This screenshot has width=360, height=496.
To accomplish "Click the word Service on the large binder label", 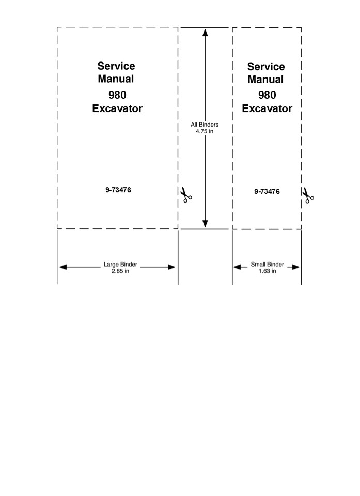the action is tap(116, 66).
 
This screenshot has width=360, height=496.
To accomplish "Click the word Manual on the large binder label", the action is tap(116, 79).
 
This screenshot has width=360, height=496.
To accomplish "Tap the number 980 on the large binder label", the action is tap(117, 95).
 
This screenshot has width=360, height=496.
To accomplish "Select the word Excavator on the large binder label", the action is tap(117, 109).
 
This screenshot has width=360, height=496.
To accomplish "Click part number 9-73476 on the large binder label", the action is tap(118, 190).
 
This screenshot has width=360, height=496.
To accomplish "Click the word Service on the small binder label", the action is tap(266, 67).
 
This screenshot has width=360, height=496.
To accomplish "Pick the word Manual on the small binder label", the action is tap(265, 80).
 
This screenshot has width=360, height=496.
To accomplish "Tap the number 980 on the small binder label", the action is tap(267, 95).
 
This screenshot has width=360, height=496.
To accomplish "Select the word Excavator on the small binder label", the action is tap(267, 109).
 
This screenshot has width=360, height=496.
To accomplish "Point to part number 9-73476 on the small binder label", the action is tap(267, 191).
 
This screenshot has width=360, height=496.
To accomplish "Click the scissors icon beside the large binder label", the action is tap(186, 195).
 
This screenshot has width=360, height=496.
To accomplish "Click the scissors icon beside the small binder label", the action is tap(308, 195).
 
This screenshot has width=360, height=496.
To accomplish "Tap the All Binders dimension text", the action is tap(205, 125).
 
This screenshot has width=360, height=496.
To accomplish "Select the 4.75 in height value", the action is tap(205, 131).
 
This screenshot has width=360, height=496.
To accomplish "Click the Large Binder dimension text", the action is tap(120, 264).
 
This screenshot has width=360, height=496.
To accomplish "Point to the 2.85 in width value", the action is tap(120, 271).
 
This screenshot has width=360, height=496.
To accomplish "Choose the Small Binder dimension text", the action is tap(268, 264).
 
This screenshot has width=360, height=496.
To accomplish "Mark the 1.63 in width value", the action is tap(268, 271).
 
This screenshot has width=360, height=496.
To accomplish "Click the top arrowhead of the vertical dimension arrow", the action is tap(205, 33).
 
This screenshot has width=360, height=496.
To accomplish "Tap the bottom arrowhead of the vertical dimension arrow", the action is tap(205, 224).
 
